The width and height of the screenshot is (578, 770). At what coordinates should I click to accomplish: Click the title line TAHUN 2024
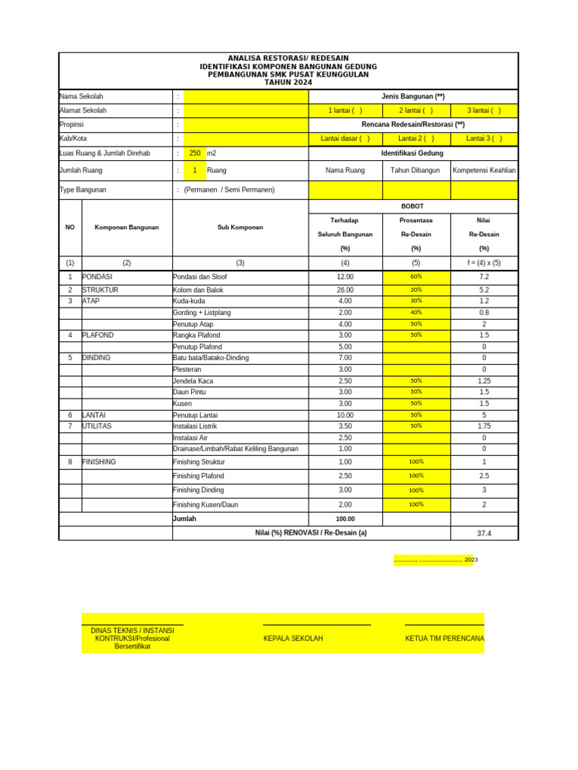[x=288, y=82]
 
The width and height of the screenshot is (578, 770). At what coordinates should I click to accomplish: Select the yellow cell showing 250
[x=195, y=153]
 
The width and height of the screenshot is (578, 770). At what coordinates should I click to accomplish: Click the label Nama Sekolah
[x=81, y=96]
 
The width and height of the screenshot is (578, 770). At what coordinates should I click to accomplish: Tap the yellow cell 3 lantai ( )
[x=484, y=111]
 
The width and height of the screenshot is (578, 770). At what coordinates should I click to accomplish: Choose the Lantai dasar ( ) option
[x=345, y=138]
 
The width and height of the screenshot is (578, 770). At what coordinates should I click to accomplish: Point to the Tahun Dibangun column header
[x=416, y=170]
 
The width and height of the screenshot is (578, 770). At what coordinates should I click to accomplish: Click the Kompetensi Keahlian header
[x=484, y=170]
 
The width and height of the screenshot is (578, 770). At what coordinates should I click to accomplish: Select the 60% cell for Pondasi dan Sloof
[x=416, y=277]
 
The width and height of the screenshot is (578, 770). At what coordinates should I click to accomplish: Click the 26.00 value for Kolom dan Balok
[x=345, y=290]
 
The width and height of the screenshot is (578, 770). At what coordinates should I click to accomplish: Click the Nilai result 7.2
[x=484, y=277]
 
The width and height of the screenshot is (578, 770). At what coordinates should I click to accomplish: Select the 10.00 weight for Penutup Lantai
[x=345, y=415]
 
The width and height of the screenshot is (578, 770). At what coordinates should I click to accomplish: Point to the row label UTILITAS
[x=96, y=426]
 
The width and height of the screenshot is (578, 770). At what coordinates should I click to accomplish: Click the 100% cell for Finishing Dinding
[x=416, y=490]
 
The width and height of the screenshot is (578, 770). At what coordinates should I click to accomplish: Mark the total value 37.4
[x=484, y=533]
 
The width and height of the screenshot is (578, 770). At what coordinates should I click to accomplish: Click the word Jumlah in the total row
[x=185, y=519]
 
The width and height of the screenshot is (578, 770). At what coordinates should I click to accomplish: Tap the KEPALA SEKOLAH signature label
[x=293, y=638]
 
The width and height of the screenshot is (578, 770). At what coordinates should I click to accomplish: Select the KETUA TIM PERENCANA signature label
[x=444, y=638]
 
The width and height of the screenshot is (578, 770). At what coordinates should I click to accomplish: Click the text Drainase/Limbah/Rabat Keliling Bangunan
[x=236, y=449]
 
